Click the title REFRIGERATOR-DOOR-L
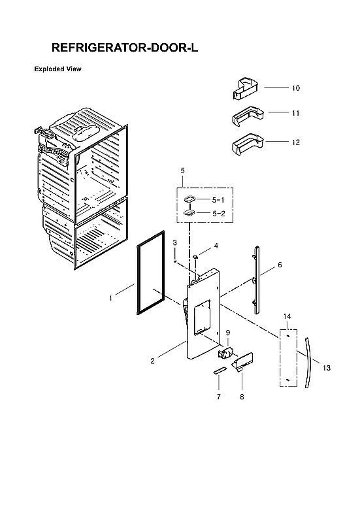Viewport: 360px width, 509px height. point(124,48)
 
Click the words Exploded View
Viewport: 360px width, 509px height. point(57,69)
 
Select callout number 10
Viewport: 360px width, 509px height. point(295,88)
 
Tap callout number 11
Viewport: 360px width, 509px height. point(295,113)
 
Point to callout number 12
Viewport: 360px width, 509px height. point(295,142)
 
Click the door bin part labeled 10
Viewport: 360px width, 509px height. point(248,87)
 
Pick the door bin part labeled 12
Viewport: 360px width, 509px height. point(248,142)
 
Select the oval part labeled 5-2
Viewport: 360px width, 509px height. point(189,212)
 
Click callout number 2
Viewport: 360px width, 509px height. point(152,361)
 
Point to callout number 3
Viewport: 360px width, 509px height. point(174,243)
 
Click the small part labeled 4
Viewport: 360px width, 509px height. point(195,259)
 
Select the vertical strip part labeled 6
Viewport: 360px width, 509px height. point(256,274)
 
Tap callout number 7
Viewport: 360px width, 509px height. point(218,397)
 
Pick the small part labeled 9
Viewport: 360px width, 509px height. point(226,353)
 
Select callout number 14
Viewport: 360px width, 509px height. point(287,316)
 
